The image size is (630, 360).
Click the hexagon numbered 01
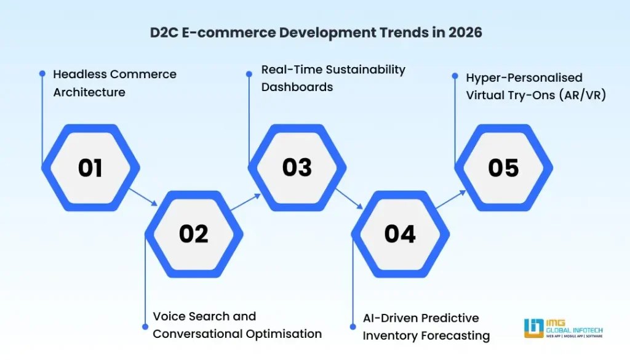[x=90, y=168]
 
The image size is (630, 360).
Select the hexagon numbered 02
[x=194, y=234]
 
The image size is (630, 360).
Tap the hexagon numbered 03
[x=297, y=168]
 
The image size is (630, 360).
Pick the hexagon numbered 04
[x=400, y=234]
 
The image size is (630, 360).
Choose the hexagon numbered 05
[x=503, y=168]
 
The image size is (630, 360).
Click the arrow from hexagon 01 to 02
[x=143, y=198]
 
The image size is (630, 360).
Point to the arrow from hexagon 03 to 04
[x=349, y=198]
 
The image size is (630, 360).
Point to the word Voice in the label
[x=170, y=316]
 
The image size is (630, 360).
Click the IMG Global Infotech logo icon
[x=533, y=327]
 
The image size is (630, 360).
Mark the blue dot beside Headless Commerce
[x=42, y=73]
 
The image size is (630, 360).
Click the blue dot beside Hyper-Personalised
[x=455, y=76]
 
